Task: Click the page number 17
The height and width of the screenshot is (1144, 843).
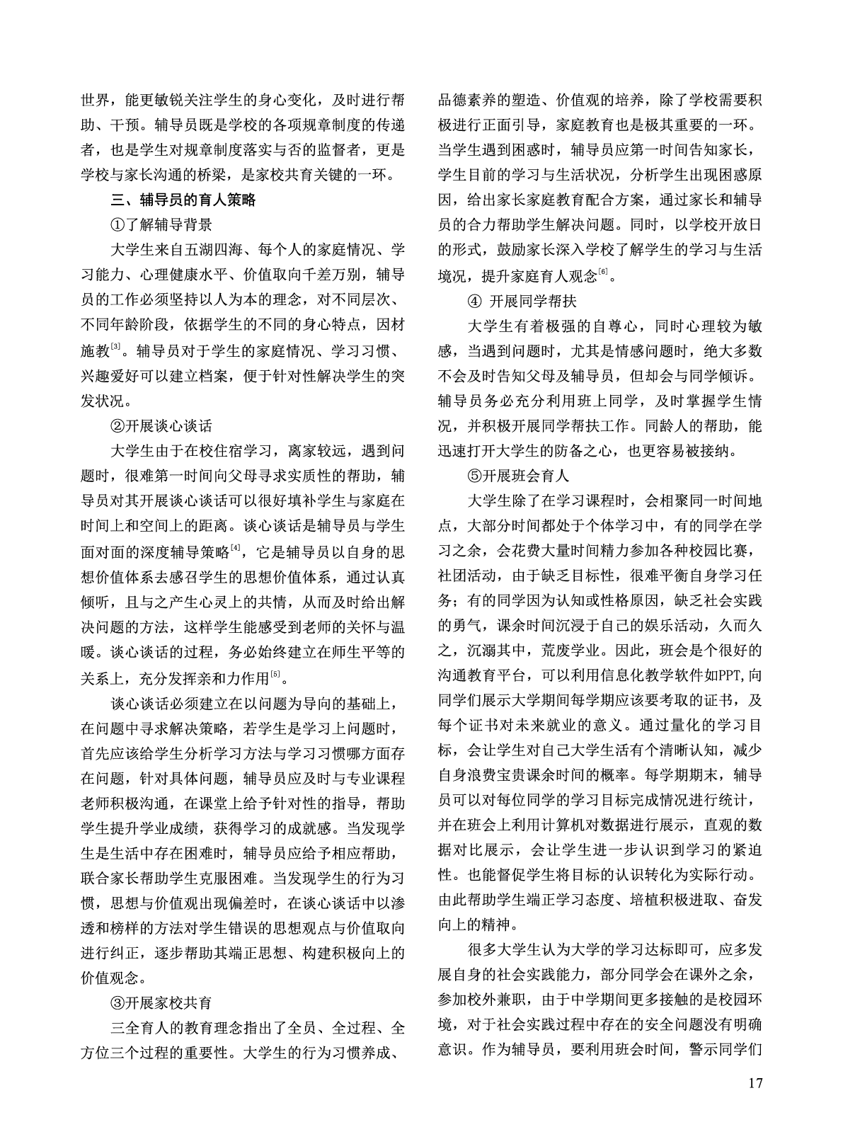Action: coord(755,1103)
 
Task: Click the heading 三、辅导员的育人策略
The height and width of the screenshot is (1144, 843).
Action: coord(180,200)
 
